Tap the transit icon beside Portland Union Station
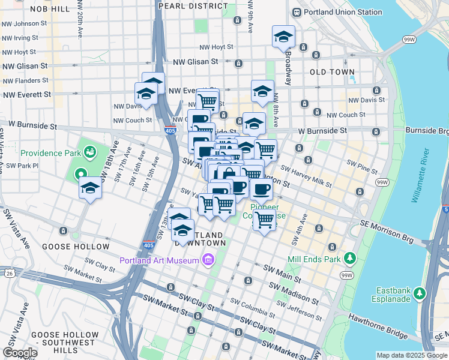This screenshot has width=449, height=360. [296, 12]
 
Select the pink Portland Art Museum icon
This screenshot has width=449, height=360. [208, 260]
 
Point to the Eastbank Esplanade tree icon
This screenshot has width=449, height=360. [420, 293]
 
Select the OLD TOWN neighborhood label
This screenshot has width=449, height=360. [332, 72]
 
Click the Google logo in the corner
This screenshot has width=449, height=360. [20, 353]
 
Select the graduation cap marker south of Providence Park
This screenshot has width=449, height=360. [90, 188]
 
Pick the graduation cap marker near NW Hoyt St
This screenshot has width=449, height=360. [283, 38]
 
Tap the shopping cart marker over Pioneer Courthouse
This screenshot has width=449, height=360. [264, 220]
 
